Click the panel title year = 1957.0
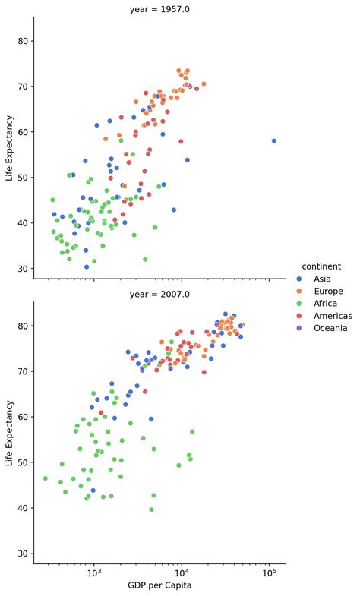point(159,8)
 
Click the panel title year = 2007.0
point(159,294)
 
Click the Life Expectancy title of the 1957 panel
point(10,147)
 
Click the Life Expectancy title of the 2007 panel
point(10,433)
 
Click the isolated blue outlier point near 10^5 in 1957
point(274,140)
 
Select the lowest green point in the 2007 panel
point(151,509)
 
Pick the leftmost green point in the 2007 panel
point(46,478)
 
